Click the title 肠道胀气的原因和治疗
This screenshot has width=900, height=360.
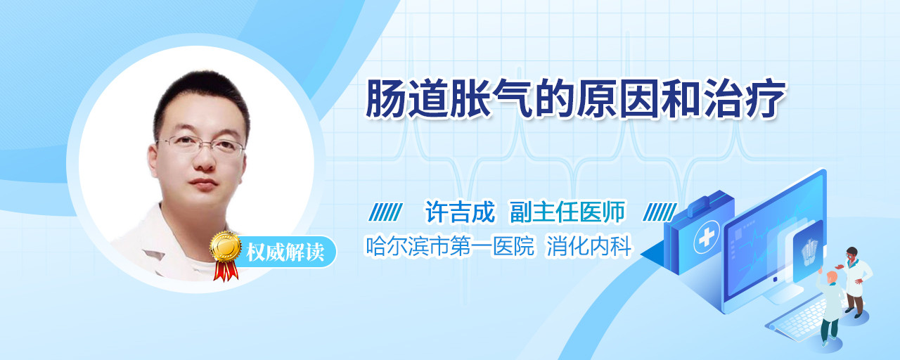575,99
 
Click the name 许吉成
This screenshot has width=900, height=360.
460,212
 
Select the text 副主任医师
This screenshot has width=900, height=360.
567,212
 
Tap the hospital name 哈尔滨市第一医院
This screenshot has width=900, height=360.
449,246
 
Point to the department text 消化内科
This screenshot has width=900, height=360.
589,246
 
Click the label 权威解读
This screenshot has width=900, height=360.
285,252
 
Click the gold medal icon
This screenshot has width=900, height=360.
226,246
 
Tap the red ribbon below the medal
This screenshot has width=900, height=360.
226,271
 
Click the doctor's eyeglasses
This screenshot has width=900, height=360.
201,145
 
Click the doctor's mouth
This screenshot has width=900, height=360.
203,184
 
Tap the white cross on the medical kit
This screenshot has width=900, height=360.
706,238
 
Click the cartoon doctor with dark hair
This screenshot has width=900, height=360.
854,282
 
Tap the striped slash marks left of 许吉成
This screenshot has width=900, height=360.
386,212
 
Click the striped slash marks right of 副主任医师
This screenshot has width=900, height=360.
660,212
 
